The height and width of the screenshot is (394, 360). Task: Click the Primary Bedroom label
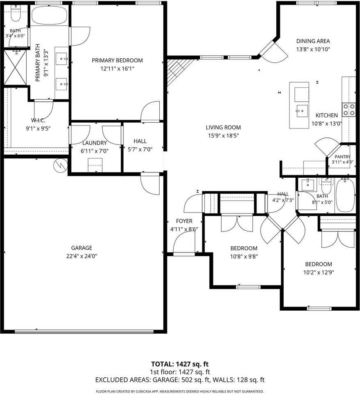[117, 60]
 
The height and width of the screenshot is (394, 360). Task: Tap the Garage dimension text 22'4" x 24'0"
[82, 256]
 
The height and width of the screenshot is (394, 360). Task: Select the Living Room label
[223, 127]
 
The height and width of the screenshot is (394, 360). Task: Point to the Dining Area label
[313, 41]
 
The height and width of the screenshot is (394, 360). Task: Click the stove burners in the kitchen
[349, 110]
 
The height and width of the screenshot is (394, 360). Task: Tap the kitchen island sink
[302, 111]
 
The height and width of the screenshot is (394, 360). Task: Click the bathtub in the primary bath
[49, 15]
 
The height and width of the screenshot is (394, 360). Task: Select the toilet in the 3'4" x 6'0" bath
[16, 15]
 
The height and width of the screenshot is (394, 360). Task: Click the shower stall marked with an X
[15, 67]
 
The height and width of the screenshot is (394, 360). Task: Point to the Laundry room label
[94, 143]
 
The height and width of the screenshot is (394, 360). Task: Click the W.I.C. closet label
[38, 120]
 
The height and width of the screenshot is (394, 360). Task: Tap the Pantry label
[342, 157]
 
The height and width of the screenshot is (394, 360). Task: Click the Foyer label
[184, 221]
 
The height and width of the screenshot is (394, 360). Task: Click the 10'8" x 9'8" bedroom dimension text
[244, 257]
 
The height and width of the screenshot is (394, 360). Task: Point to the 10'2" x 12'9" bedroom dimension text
[319, 273]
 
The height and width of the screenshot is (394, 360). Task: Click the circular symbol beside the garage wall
[61, 165]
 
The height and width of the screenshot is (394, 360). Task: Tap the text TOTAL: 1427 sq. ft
[180, 364]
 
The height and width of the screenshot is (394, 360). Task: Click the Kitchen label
[327, 115]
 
